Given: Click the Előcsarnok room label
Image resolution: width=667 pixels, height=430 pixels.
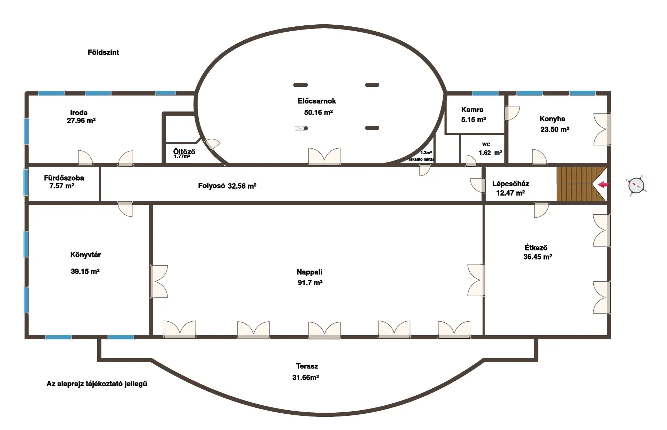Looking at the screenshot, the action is pos(317,101).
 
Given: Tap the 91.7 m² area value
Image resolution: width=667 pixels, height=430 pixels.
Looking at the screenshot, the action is pos(310,283).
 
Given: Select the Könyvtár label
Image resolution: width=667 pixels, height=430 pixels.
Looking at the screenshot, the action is pos(85,255).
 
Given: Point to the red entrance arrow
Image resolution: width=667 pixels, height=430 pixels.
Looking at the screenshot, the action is pos(603,185).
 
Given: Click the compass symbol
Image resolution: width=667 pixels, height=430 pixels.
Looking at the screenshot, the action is pos(636,185).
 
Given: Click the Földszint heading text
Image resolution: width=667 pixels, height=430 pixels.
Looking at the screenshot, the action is pos(103,52).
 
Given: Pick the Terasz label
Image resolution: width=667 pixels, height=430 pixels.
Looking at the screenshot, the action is pos(307,366).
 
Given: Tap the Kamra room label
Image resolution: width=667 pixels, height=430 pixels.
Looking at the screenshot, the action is pos(472,110).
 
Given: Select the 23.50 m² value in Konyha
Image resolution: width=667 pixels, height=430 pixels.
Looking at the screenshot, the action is pos(555,130).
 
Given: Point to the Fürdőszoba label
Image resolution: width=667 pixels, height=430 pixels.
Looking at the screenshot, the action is pos(64,178).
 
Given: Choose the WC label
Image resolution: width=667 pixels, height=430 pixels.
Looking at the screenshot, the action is pos(486,144).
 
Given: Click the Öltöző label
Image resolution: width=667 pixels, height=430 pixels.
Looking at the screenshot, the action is pos(184,151).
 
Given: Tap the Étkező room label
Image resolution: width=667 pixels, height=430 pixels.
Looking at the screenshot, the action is pos(536,248).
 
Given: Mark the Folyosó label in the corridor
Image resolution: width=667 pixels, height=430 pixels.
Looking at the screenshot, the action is pos(212,186).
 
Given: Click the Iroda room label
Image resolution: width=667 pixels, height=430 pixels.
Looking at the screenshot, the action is pos(79,113).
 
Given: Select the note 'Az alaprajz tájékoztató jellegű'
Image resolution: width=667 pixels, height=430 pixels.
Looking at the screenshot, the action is pos(97,384).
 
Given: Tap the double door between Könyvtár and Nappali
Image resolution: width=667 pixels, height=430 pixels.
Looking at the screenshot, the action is pos(159,281).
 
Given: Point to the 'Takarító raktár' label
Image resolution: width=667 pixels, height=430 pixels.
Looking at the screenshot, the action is pos(421,159).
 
